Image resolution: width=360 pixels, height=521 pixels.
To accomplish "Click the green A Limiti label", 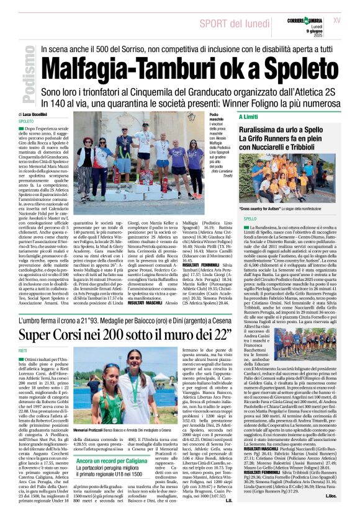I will tap(248, 117).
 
